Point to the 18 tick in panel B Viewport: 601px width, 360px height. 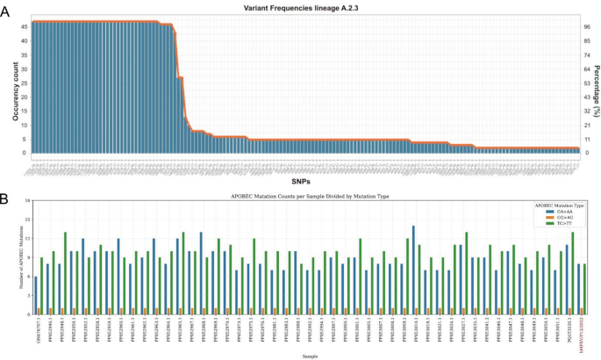coord(28,201)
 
